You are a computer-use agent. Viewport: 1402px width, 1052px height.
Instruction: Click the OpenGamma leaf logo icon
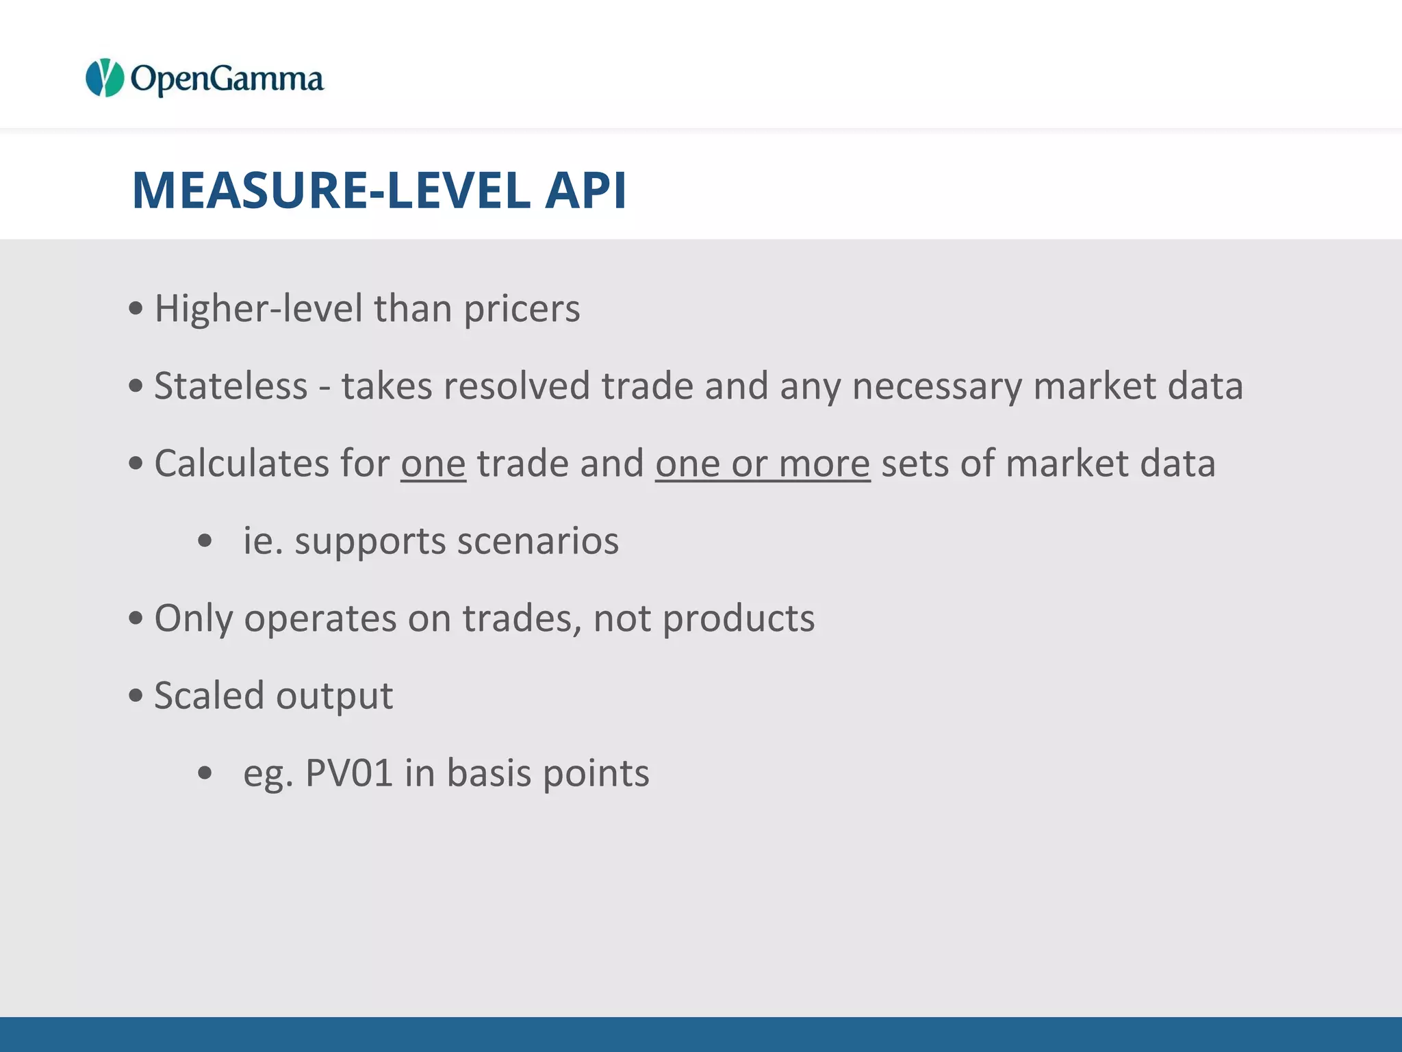pos(104,78)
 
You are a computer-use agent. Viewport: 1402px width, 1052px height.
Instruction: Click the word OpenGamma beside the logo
pos(227,79)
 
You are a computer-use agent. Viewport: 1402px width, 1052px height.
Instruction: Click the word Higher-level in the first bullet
pos(258,309)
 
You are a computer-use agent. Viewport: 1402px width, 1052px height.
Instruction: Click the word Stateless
pos(231,386)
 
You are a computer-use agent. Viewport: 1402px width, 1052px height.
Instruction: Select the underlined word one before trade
pos(433,464)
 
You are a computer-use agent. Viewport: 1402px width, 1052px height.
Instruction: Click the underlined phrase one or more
pos(762,464)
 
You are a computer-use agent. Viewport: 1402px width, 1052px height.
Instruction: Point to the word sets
pos(914,464)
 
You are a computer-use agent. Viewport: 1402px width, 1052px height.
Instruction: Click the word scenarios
pos(537,541)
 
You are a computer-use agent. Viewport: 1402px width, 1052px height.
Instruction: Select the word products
pos(739,619)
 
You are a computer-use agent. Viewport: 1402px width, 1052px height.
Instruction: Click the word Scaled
pos(209,696)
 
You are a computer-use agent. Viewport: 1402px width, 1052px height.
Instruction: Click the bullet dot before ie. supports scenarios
pos(205,541)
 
